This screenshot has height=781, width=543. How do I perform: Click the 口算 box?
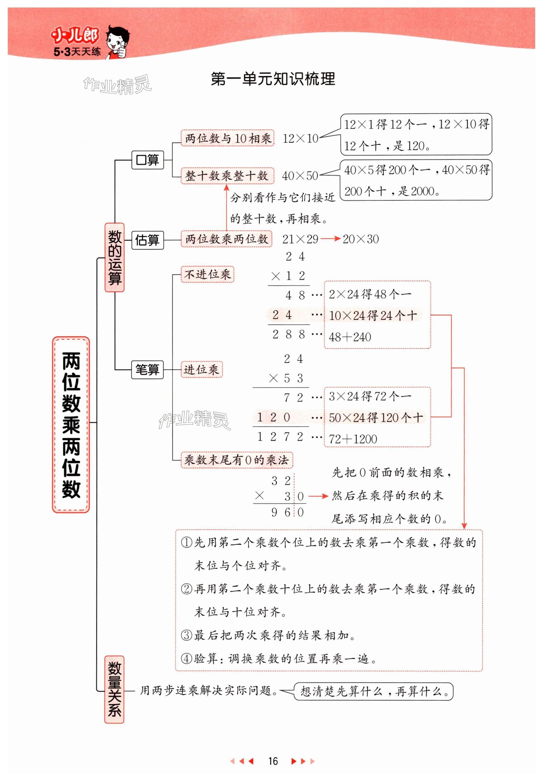(x=147, y=160)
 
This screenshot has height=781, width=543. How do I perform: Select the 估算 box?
(x=147, y=240)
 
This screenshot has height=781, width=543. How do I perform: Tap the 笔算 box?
(x=147, y=369)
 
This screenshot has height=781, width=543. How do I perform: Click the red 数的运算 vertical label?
(x=114, y=257)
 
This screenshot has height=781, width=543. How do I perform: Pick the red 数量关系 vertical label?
(x=114, y=689)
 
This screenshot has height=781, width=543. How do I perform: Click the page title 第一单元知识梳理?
(x=273, y=79)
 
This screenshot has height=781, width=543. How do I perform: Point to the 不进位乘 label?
(x=207, y=274)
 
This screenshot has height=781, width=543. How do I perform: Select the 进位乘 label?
(x=201, y=369)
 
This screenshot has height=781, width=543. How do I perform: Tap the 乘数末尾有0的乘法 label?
(x=236, y=460)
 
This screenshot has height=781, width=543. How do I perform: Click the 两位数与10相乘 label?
(x=227, y=138)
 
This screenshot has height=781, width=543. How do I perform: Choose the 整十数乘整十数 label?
(x=227, y=176)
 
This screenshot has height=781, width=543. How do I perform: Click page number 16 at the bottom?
(x=272, y=761)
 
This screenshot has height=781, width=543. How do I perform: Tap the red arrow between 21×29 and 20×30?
(x=330, y=239)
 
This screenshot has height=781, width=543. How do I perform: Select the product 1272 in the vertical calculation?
(x=280, y=437)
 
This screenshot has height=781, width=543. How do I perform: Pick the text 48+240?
(x=350, y=337)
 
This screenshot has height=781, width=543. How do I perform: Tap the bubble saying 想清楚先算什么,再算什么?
(x=373, y=691)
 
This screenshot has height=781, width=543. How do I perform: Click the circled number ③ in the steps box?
(x=187, y=635)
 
